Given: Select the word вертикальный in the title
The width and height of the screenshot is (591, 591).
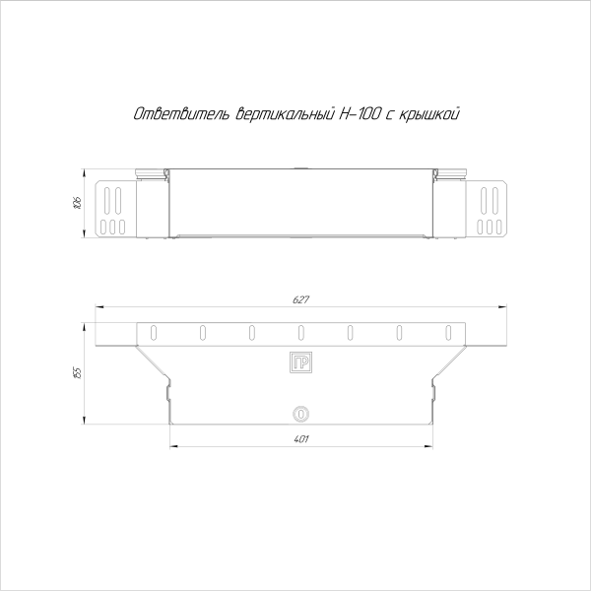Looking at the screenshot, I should click(279, 115).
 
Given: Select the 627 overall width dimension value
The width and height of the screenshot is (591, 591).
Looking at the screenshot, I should click(300, 299).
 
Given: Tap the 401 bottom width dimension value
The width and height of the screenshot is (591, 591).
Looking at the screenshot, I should click(300, 439).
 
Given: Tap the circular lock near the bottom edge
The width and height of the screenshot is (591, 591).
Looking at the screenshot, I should click(300, 414).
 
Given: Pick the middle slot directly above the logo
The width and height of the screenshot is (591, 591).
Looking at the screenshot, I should click(300, 332).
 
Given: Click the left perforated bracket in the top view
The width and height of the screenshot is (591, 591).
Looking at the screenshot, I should click(114, 209).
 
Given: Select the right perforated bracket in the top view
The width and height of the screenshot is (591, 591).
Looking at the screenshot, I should click(490, 209).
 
